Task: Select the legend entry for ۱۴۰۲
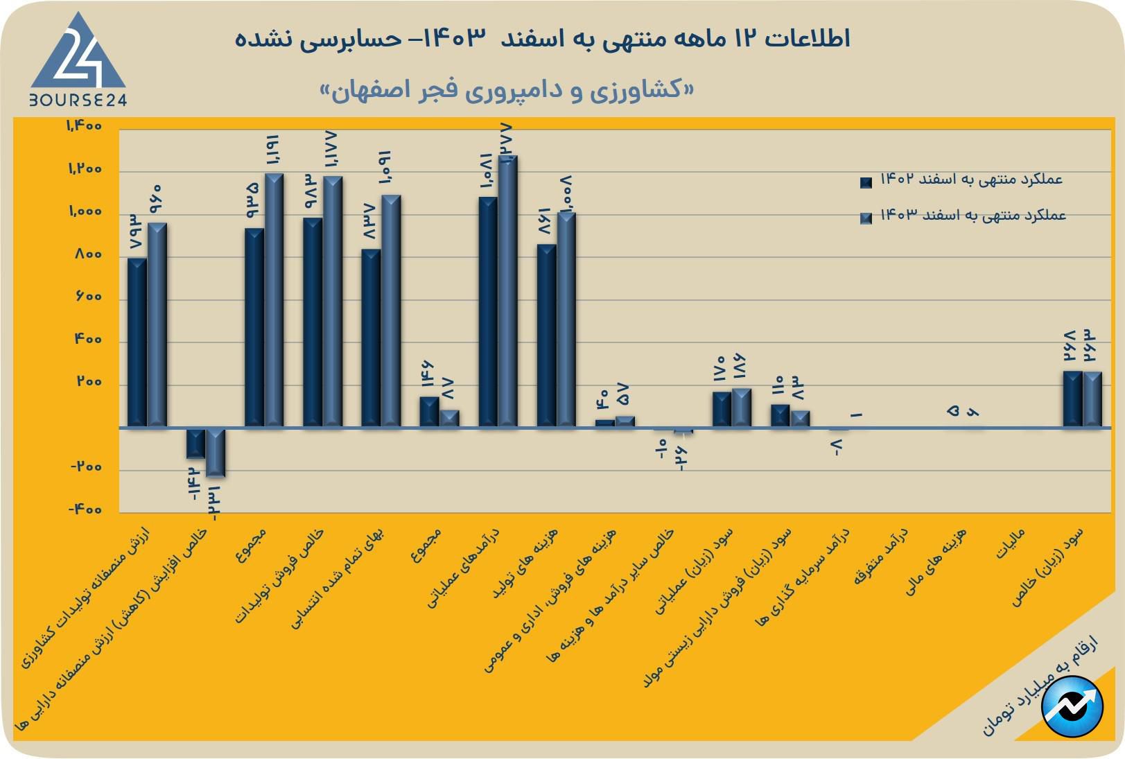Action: click(x=963, y=180)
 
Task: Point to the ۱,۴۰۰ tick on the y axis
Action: click(x=85, y=126)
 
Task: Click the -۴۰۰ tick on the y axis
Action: click(x=85, y=509)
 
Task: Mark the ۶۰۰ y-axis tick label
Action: click(x=87, y=297)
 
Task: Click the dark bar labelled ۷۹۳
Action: click(x=137, y=342)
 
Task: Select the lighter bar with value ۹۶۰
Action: click(x=157, y=324)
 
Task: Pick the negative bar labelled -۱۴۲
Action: click(x=195, y=443)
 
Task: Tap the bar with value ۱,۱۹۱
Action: click(x=274, y=299)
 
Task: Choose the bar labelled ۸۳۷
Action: click(x=371, y=338)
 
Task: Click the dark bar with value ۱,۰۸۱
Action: click(x=488, y=312)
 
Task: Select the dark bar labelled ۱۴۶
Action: click(x=429, y=412)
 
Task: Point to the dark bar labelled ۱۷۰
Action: click(x=722, y=409)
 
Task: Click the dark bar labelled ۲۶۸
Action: click(x=1072, y=399)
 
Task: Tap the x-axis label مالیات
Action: click(x=1010, y=544)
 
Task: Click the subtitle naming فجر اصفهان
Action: click(x=507, y=91)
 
